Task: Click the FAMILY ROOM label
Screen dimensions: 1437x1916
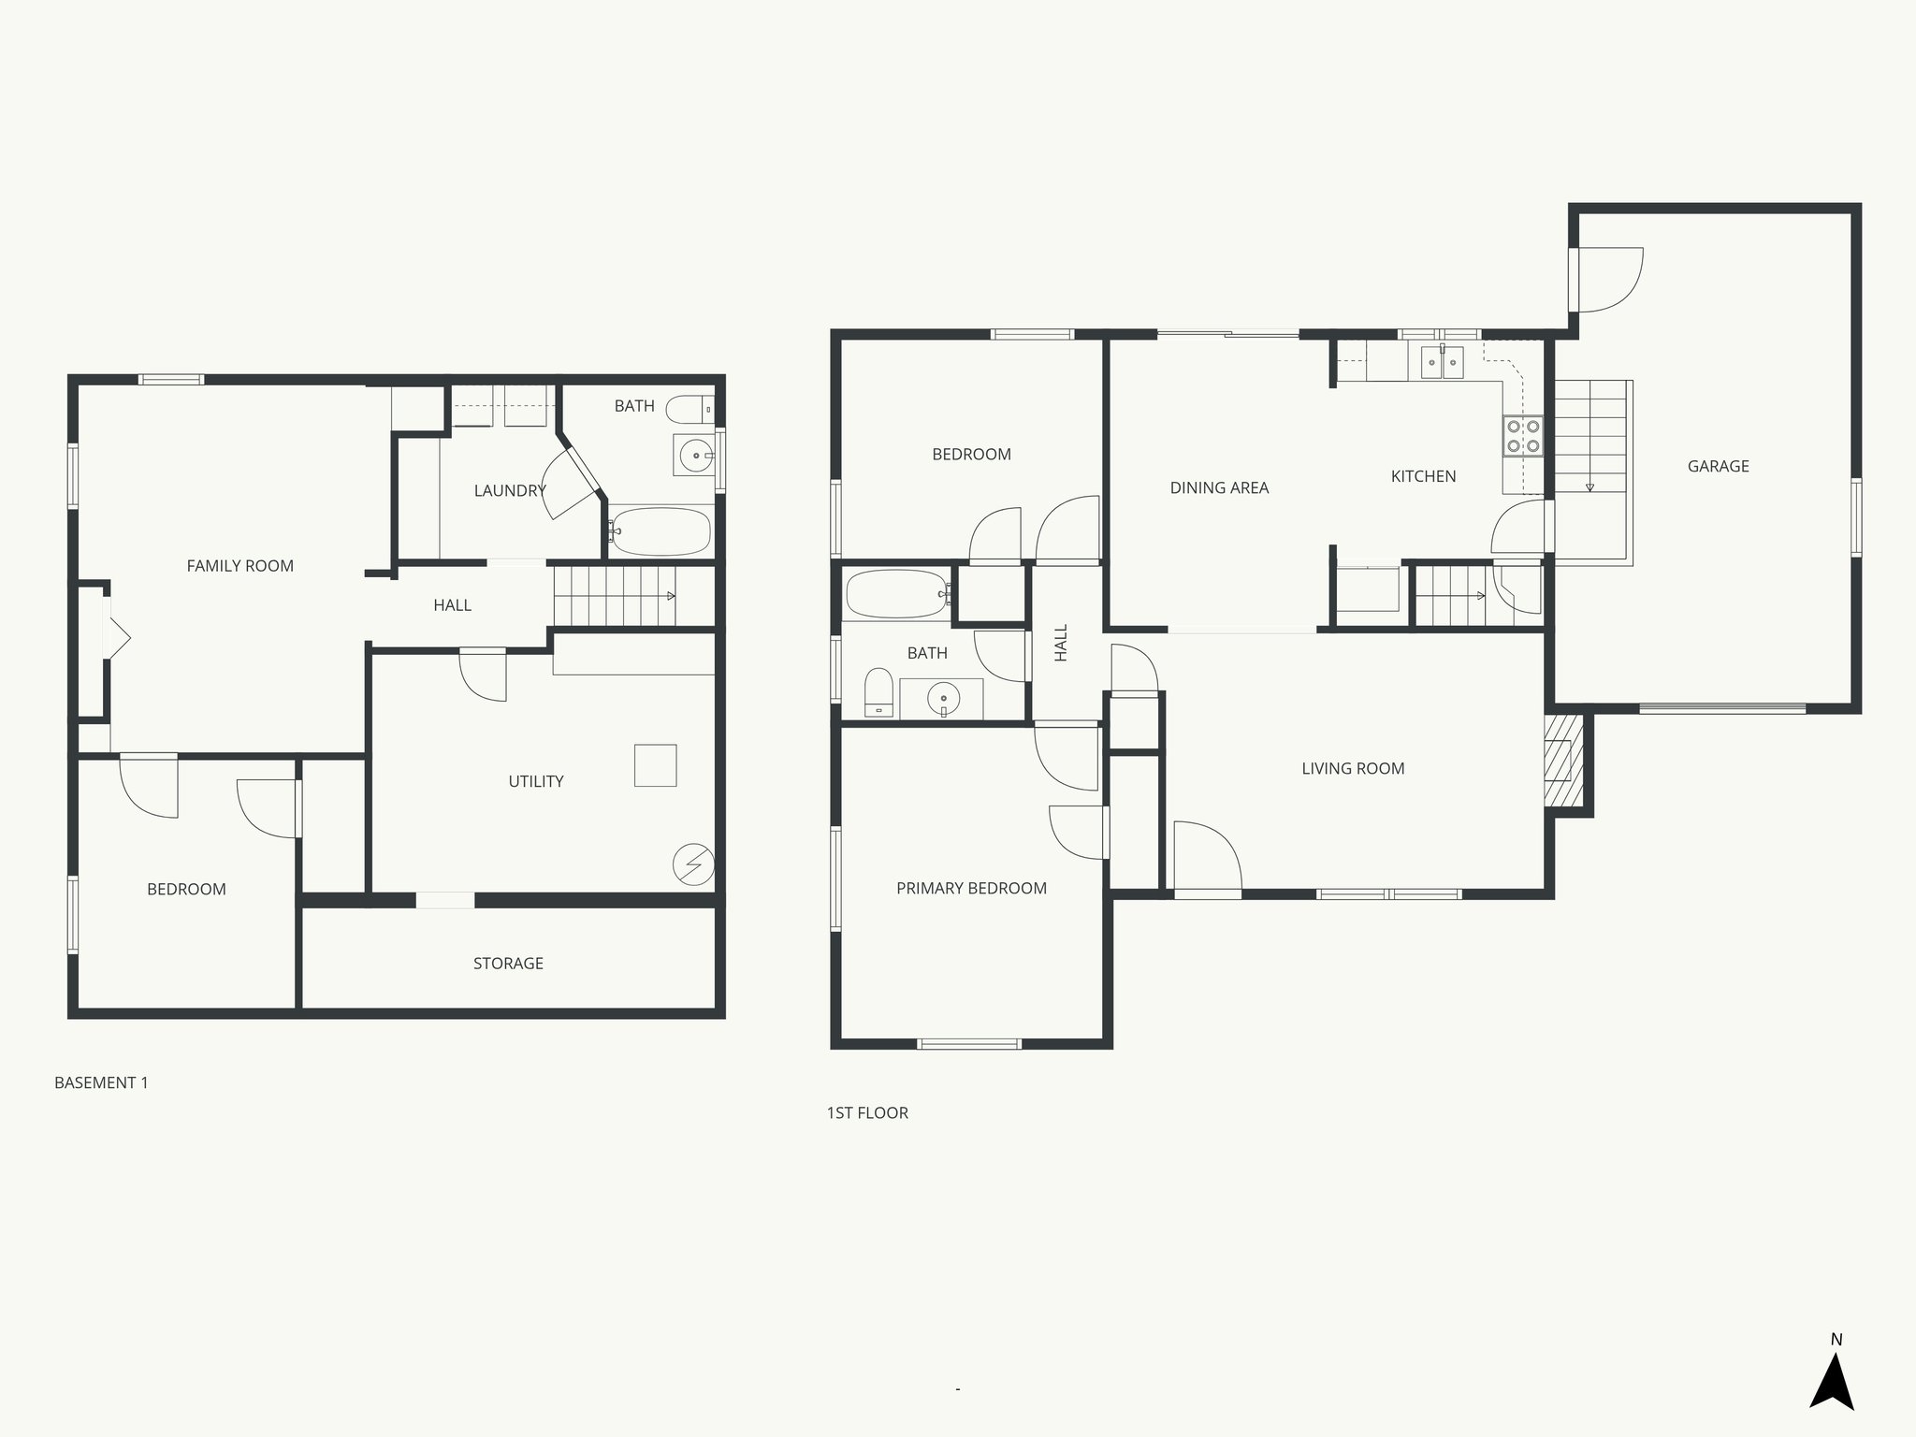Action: tap(239, 566)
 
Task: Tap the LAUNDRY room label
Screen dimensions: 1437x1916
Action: tap(509, 490)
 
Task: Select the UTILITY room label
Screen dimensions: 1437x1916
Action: tap(535, 781)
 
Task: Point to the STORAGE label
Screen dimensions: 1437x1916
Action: tap(508, 963)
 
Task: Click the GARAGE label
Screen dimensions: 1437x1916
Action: tap(1718, 466)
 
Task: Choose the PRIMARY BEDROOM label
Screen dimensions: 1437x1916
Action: tap(971, 888)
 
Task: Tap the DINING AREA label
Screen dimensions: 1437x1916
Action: tap(1219, 487)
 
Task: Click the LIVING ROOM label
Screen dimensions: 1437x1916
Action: tap(1353, 768)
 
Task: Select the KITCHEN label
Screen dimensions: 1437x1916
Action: tap(1423, 476)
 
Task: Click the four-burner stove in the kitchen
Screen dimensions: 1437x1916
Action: tap(1522, 436)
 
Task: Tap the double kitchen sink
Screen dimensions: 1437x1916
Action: tap(1442, 361)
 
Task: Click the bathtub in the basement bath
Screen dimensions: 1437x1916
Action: tap(660, 531)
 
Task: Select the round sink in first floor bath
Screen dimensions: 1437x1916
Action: tap(943, 698)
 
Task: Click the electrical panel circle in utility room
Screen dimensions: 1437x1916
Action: tap(694, 864)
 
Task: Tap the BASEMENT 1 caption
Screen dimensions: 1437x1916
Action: tap(101, 1082)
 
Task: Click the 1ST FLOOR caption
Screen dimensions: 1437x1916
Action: tap(867, 1112)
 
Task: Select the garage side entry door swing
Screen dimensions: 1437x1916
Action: tap(1607, 279)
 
